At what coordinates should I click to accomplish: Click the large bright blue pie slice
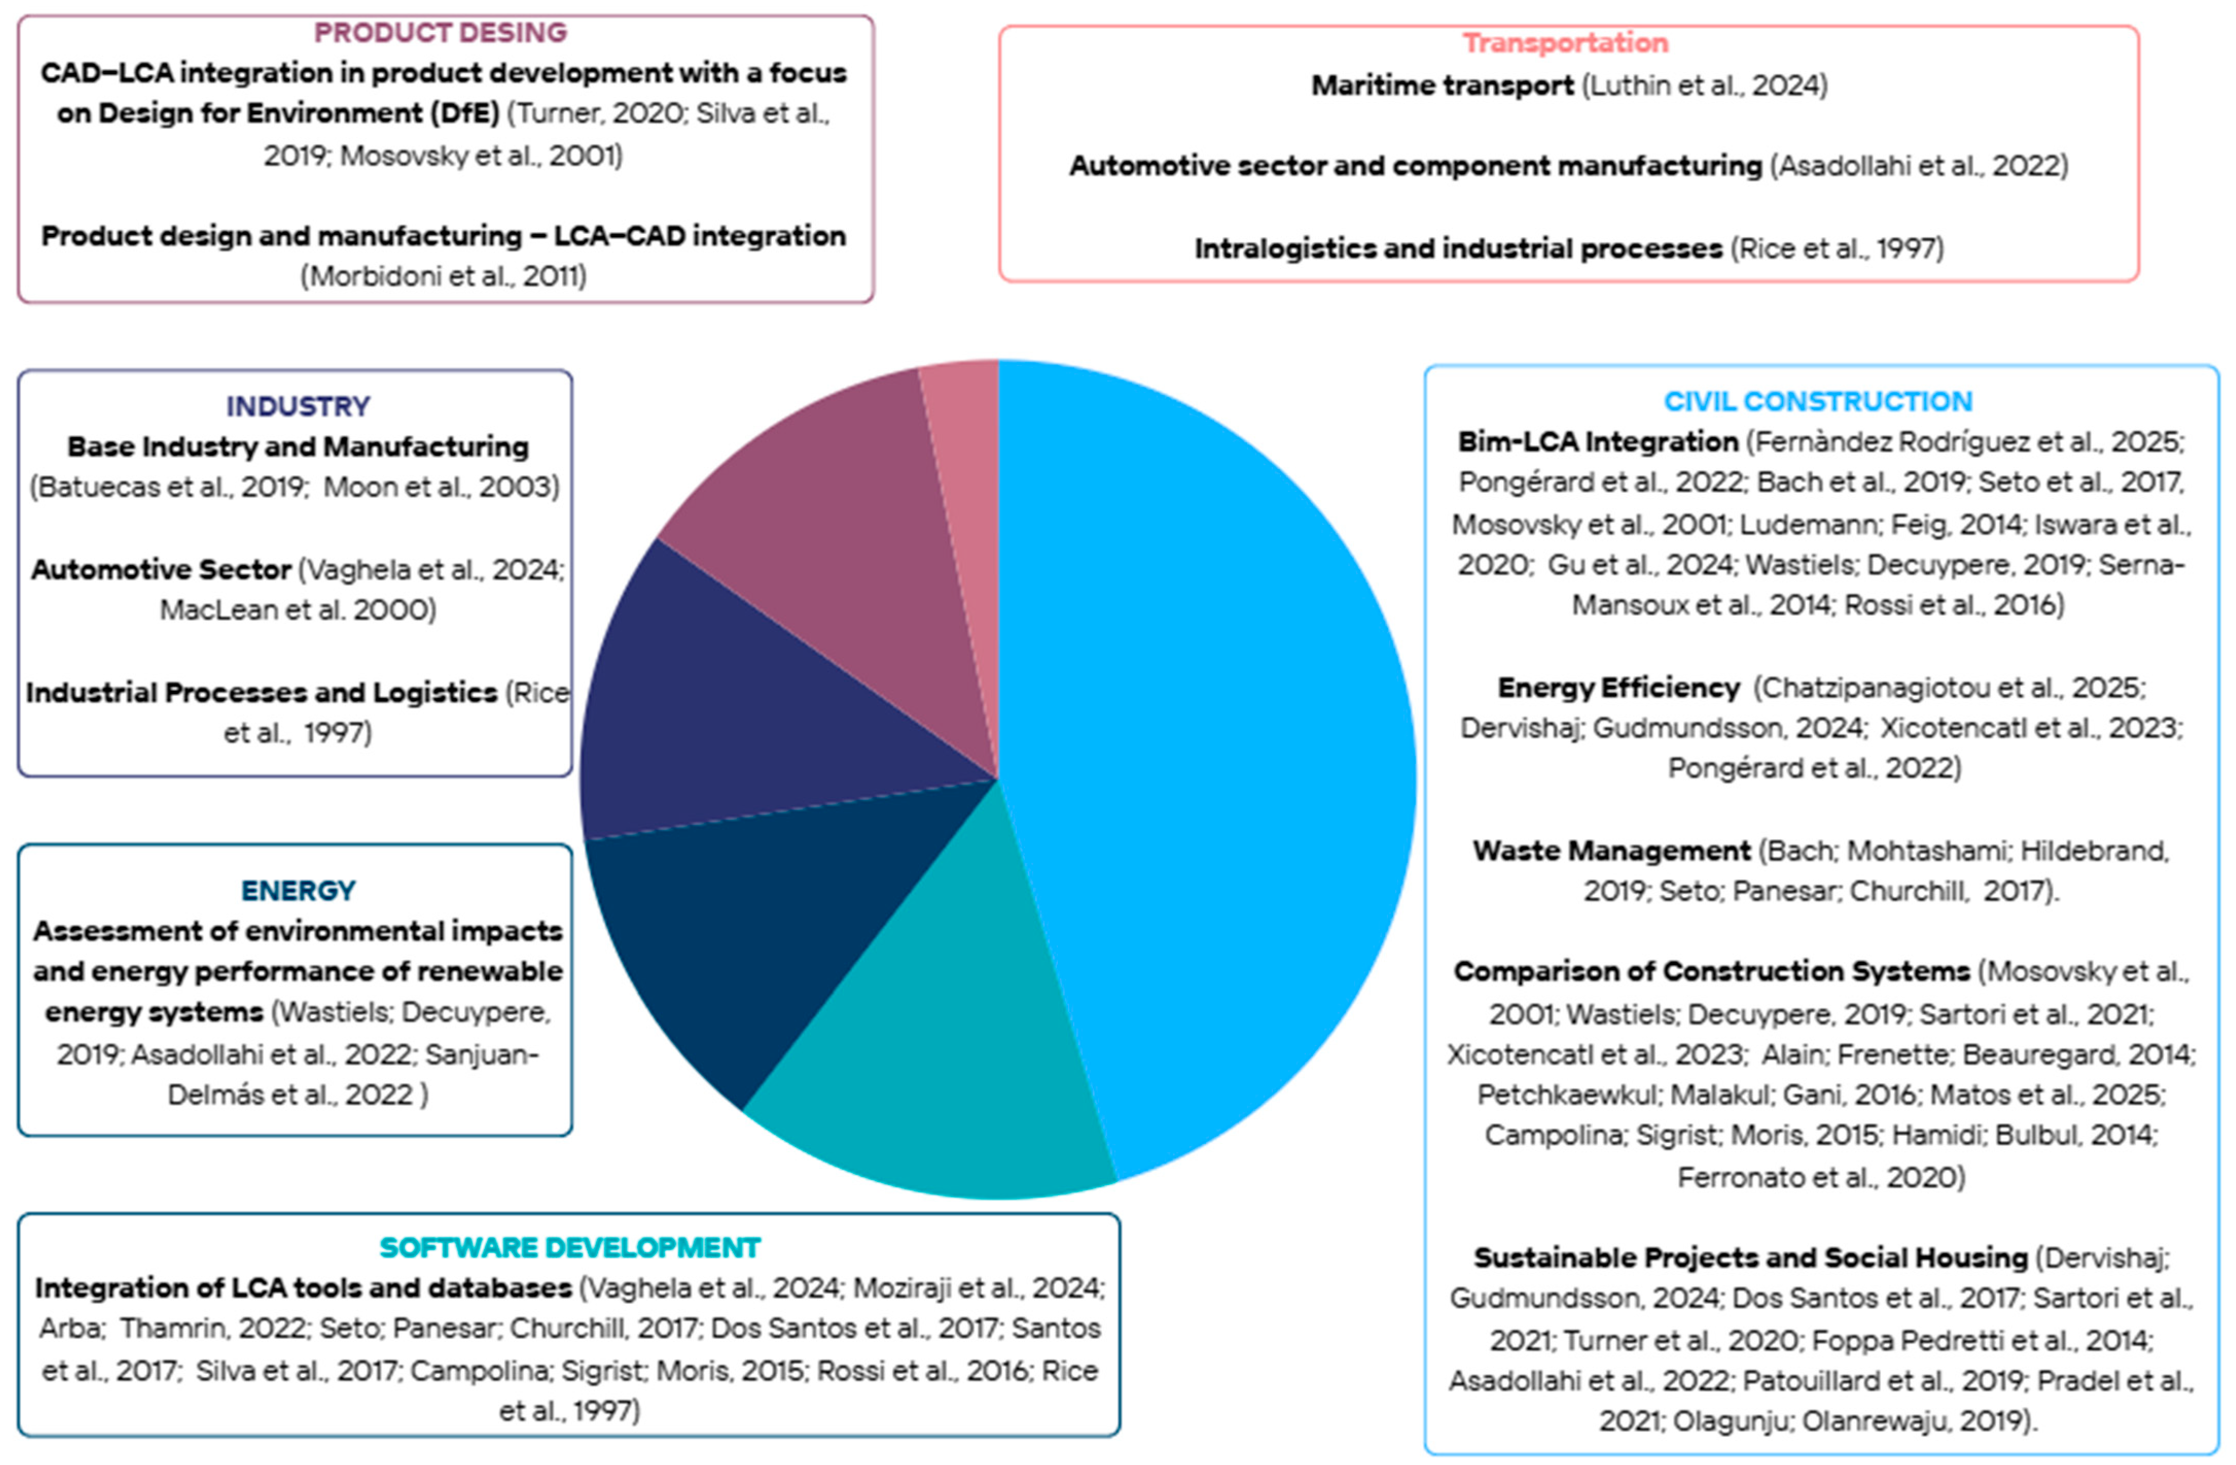coord(1212,752)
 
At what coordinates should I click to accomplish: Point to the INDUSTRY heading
coord(298,406)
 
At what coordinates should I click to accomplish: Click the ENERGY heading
coord(298,890)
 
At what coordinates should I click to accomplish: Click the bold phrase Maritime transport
coord(1442,85)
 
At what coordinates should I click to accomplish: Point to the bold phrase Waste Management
coord(1611,850)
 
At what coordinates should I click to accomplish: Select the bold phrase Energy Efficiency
coord(1618,688)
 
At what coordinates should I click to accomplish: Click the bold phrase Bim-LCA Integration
coord(1597,442)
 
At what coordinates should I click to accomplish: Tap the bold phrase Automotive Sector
coord(161,569)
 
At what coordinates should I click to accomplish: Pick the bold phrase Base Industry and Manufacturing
coord(298,446)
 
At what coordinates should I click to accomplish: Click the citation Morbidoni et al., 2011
coord(443,276)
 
